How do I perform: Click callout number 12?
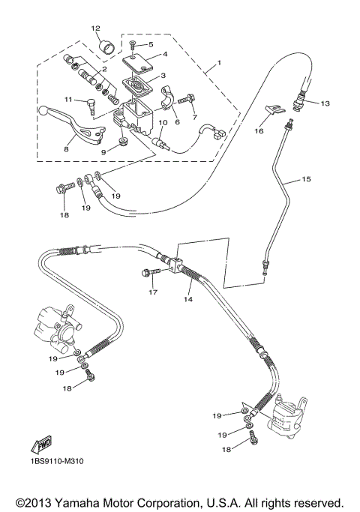[x=95, y=28]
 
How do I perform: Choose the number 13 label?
[x=325, y=103]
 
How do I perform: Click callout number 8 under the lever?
[x=66, y=149]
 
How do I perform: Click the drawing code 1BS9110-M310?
[x=57, y=461]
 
